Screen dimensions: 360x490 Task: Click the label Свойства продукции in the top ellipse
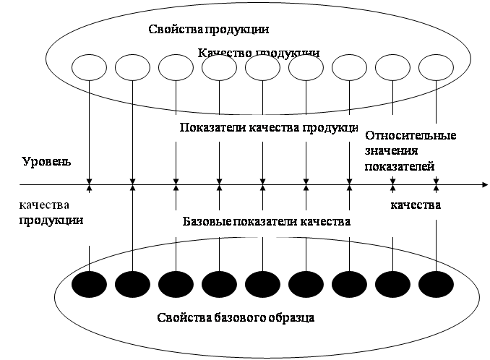(208, 30)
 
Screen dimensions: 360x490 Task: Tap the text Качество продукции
(258, 53)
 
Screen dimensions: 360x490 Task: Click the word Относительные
(411, 135)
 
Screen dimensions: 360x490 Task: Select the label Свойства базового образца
(236, 318)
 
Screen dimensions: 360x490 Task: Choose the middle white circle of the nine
(262, 68)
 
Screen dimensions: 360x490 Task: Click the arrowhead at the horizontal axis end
(483, 187)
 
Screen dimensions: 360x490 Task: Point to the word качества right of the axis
(416, 205)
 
